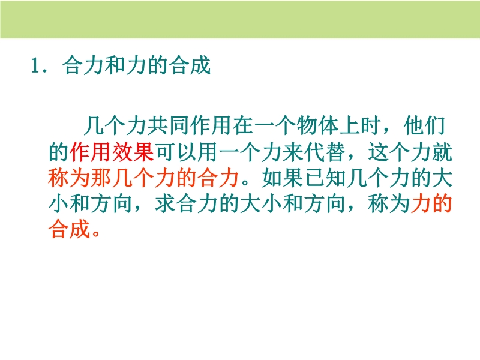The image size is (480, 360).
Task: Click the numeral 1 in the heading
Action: (34, 65)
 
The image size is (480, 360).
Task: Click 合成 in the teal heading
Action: (190, 65)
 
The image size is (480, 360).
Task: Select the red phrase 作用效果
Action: (112, 152)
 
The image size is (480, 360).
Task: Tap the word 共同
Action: (168, 125)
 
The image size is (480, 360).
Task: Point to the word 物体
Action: (318, 125)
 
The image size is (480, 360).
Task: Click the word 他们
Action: (425, 125)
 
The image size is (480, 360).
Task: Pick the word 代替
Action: (324, 152)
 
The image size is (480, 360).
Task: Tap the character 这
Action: (378, 152)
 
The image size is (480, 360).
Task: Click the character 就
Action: (442, 152)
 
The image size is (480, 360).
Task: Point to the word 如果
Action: (283, 178)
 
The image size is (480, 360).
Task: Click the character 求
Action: (166, 203)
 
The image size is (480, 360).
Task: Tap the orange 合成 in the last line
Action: (69, 229)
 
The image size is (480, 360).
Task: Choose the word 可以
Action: (176, 152)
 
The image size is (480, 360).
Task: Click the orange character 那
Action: (101, 178)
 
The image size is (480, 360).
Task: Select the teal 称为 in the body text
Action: (389, 203)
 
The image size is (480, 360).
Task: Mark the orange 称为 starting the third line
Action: (69, 178)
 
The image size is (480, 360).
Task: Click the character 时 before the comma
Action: (371, 125)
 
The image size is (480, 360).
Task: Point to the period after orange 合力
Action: (245, 183)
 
